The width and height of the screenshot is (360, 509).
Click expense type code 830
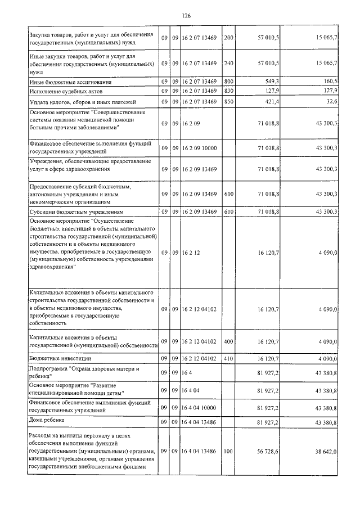(x=228, y=91)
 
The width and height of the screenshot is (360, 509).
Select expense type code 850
(x=228, y=101)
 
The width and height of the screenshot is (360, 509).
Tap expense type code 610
(x=228, y=211)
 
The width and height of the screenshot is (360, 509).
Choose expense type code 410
(x=228, y=358)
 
